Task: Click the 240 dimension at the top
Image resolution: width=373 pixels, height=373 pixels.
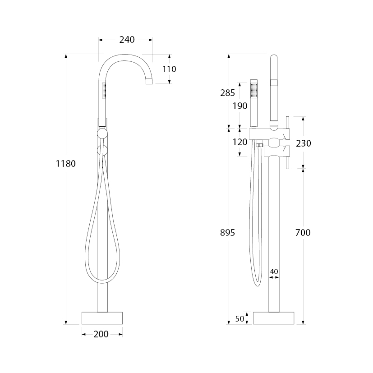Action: coord(127,40)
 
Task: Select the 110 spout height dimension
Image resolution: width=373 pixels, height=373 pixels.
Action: coord(169,69)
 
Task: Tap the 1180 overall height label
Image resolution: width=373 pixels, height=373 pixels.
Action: coord(66,164)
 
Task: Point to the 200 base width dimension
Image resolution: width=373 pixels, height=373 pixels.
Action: coord(101,334)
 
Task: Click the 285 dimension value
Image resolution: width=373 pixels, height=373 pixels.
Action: coord(227,93)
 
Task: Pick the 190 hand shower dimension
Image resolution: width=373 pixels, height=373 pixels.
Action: coord(240,106)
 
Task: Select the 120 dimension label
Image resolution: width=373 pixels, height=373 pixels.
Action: coord(240,142)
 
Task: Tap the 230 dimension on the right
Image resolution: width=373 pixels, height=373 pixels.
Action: coord(303,143)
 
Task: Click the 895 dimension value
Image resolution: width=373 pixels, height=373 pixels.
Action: coord(227,232)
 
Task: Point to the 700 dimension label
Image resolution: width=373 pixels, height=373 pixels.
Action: coord(303,232)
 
